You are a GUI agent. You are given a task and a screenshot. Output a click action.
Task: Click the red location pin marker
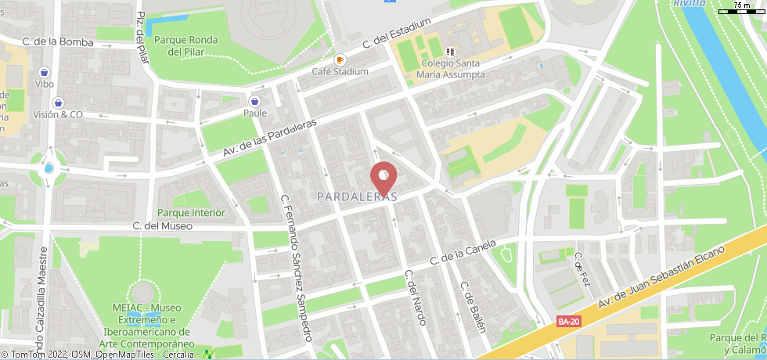[383, 175]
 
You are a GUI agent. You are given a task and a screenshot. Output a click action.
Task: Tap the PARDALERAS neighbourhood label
[357, 197]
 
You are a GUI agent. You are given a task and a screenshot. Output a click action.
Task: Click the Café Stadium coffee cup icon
[340, 59]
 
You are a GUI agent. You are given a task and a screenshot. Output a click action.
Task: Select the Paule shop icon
[254, 101]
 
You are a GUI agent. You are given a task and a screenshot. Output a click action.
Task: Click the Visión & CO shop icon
[58, 103]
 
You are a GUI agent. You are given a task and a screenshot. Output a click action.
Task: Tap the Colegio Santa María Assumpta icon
[449, 52]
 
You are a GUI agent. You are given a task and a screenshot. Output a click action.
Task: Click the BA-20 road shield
[569, 321]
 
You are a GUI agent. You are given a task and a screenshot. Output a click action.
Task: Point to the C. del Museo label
[162, 226]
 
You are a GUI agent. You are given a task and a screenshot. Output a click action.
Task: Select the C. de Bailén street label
[474, 307]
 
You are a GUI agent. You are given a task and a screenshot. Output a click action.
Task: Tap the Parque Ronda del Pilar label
[186, 45]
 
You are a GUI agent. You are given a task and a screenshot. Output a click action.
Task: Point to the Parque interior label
[191, 213]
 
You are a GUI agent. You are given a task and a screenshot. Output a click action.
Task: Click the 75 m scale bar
[747, 7]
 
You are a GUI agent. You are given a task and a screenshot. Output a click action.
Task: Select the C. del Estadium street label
[397, 37]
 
